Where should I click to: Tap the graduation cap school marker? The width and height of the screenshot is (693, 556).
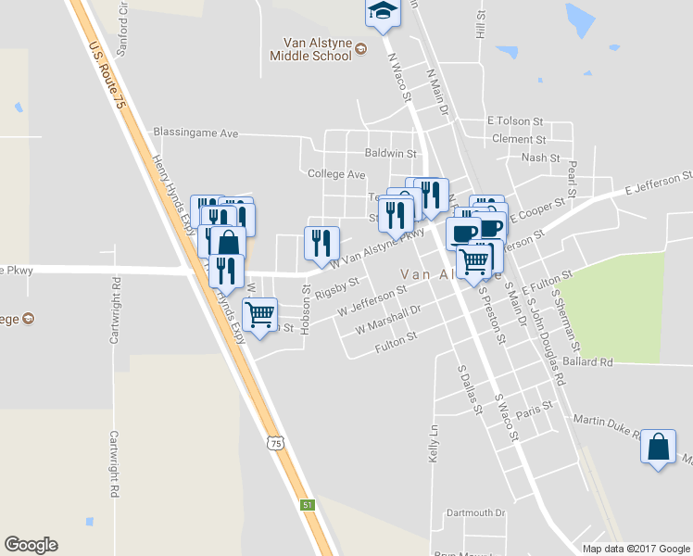click(x=380, y=11)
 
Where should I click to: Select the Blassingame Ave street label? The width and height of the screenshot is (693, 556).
click(x=195, y=133)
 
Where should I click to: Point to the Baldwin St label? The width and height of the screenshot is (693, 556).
click(x=391, y=153)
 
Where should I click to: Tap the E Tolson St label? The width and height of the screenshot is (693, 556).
click(x=514, y=121)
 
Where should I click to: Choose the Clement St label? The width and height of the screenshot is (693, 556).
click(x=519, y=139)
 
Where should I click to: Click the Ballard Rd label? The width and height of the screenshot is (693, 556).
click(x=587, y=361)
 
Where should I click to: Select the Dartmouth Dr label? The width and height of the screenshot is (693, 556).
click(x=475, y=512)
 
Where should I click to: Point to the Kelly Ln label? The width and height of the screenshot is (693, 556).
click(x=432, y=444)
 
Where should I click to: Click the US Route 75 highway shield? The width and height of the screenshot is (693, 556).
click(x=274, y=444)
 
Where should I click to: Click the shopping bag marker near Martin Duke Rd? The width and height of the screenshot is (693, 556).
click(x=658, y=448)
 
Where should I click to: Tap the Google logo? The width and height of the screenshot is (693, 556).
click(x=31, y=545)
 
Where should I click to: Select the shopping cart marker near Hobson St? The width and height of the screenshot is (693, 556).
click(x=260, y=314)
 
